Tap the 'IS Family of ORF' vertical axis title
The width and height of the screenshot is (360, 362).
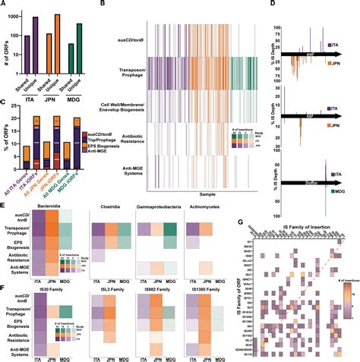tap(241, 296)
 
